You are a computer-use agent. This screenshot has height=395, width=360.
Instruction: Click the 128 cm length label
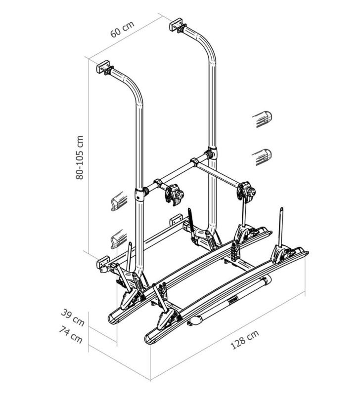click(x=245, y=340)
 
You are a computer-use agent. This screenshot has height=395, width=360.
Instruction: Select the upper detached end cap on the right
click(x=263, y=120)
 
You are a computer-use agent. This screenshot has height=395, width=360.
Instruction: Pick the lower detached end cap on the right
click(x=263, y=157)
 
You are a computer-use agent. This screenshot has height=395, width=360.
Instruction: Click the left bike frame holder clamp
click(x=174, y=194)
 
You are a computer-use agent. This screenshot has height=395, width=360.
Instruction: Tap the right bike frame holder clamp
click(x=247, y=191)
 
